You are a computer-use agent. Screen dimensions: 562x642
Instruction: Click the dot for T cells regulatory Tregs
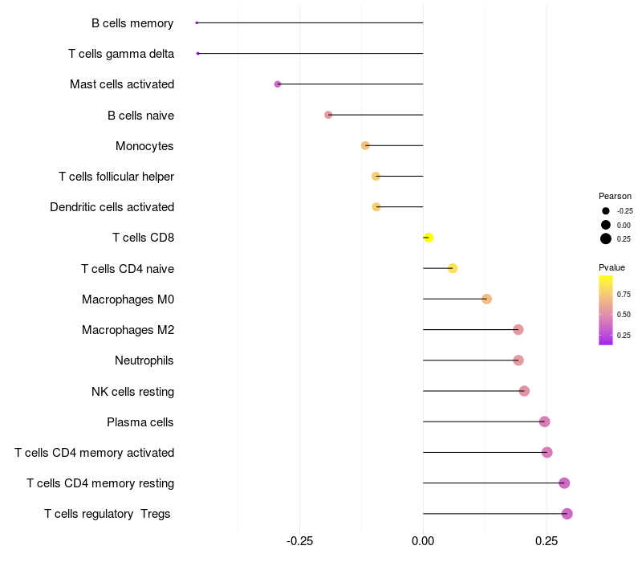point(567,514)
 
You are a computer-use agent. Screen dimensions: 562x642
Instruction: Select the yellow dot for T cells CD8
point(429,238)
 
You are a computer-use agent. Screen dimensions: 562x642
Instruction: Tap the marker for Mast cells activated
point(278,84)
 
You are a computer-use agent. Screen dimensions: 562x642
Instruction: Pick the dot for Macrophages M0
point(486,299)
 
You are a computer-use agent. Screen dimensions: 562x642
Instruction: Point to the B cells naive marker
point(328,115)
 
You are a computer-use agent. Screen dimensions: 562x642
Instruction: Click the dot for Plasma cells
point(544,421)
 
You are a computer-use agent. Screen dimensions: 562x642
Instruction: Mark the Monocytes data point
point(365,145)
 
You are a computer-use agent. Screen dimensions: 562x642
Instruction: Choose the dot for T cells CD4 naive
point(453,268)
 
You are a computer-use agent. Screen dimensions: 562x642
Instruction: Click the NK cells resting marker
point(524,391)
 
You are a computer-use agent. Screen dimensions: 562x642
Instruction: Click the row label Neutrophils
point(144,360)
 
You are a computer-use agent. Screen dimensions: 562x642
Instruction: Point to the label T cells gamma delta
point(121,54)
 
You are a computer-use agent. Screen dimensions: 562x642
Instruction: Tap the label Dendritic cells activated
point(112,207)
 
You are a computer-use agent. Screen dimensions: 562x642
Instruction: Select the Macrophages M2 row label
point(128,330)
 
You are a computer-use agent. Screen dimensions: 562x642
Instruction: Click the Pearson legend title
point(615,196)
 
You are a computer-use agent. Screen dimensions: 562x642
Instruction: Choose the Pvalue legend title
point(612,267)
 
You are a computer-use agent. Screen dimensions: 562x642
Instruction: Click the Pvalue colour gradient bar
point(606,310)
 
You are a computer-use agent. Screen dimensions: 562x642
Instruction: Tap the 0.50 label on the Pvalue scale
point(624,315)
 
